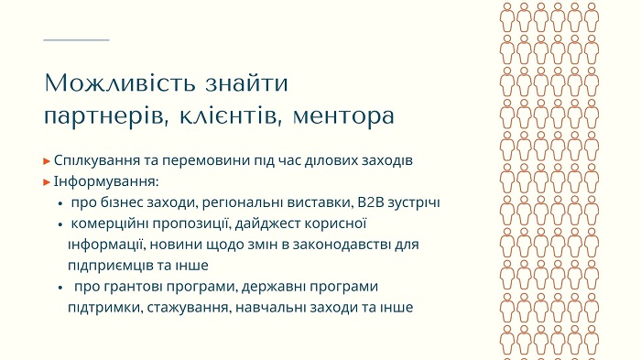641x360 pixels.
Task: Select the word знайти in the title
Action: pos(247,83)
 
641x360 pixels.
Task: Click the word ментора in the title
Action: pos(343,115)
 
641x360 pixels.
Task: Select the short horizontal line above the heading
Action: pos(76,40)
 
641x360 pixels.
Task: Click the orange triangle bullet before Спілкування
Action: pos(47,161)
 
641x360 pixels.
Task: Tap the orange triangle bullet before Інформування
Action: pos(47,182)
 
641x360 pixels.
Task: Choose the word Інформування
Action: pos(106,181)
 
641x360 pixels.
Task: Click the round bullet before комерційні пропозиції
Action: pos(60,224)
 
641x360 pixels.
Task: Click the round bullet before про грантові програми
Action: pos(60,288)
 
